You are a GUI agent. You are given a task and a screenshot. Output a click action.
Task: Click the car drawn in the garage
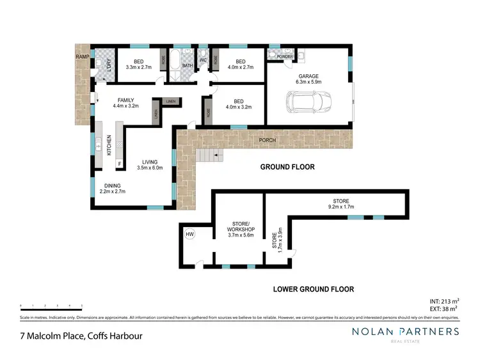tap(309, 102)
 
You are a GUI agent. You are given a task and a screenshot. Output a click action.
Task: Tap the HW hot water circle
tap(190, 235)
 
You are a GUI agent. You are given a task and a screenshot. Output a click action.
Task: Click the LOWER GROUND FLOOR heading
tap(313, 288)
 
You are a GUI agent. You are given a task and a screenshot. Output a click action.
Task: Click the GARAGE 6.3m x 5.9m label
tap(308, 79)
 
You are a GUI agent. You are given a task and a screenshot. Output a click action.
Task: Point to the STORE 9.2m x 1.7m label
tap(341, 204)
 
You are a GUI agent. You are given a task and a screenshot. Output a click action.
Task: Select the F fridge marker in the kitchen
tap(119, 164)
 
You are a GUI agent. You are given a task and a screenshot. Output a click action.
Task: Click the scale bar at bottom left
tap(51, 306)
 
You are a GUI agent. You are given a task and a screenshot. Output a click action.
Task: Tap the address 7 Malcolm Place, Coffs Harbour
tap(80, 336)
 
